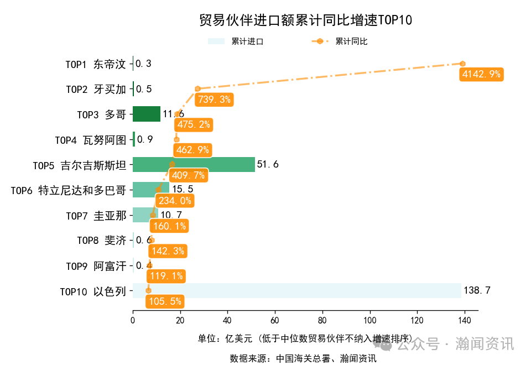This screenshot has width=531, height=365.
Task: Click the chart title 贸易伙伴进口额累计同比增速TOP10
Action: coord(305,20)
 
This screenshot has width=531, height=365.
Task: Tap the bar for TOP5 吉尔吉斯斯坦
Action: coord(194,164)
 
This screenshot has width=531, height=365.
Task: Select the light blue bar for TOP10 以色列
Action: coord(296,290)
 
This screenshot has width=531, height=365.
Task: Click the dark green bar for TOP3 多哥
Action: coord(147,114)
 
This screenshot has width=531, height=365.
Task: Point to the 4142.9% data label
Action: coord(480,74)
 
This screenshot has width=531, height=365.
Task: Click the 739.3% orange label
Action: coord(214,100)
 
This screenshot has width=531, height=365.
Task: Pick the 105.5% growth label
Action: coord(164,301)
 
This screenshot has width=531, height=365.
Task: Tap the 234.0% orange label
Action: coord(174,201)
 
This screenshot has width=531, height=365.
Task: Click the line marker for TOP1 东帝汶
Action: coord(462,64)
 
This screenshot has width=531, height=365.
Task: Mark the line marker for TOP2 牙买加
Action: coord(197,88)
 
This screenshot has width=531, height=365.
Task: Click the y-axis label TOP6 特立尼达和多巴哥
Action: coord(69,191)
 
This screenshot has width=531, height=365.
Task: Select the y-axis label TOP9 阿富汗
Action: coord(96,267)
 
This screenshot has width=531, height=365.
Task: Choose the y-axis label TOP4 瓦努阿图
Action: coord(91,140)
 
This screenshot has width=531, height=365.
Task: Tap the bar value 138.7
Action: coord(477,290)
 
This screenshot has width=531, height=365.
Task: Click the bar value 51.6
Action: coord(268,164)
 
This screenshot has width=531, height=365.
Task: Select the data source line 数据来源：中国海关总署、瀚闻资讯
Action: coord(303,358)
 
